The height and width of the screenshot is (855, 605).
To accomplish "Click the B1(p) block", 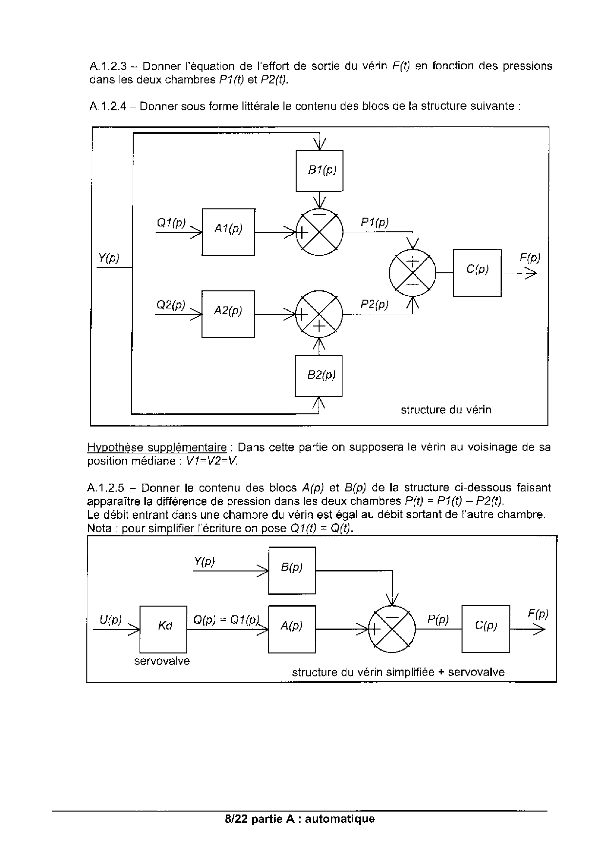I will pyautogui.click(x=320, y=170).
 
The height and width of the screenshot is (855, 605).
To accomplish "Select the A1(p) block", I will pyautogui.click(x=228, y=232).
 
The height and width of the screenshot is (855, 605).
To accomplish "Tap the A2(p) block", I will pyautogui.click(x=228, y=314).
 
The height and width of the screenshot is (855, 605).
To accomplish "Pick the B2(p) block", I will pyautogui.click(x=319, y=375).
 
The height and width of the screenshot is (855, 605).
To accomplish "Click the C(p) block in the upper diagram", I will pyautogui.click(x=477, y=272).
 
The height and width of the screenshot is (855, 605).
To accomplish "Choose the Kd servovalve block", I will pyautogui.click(x=163, y=629).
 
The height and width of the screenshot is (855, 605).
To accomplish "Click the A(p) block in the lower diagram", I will pyautogui.click(x=292, y=629).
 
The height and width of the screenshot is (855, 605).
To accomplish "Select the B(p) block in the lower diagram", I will pyautogui.click(x=292, y=570).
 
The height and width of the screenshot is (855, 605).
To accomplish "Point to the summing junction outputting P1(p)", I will pyautogui.click(x=320, y=232).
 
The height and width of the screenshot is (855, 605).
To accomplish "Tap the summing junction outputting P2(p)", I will pyautogui.click(x=319, y=314).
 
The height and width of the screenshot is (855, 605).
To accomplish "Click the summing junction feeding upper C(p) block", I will pyautogui.click(x=412, y=272).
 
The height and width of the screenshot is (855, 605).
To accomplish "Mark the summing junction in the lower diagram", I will pyautogui.click(x=392, y=630).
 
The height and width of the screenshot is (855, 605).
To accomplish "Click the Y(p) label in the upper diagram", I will pyautogui.click(x=109, y=258).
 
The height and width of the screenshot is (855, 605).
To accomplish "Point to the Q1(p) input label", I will pyautogui.click(x=171, y=223).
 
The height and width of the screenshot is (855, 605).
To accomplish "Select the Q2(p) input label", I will pyautogui.click(x=171, y=305).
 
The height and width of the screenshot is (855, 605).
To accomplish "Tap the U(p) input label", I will pyautogui.click(x=110, y=620).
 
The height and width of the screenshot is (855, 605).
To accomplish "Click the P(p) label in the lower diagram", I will pyautogui.click(x=438, y=620).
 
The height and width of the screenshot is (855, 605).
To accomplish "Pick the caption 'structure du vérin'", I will pyautogui.click(x=446, y=409).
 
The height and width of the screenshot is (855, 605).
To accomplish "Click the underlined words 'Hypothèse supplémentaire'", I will pyautogui.click(x=157, y=447).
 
